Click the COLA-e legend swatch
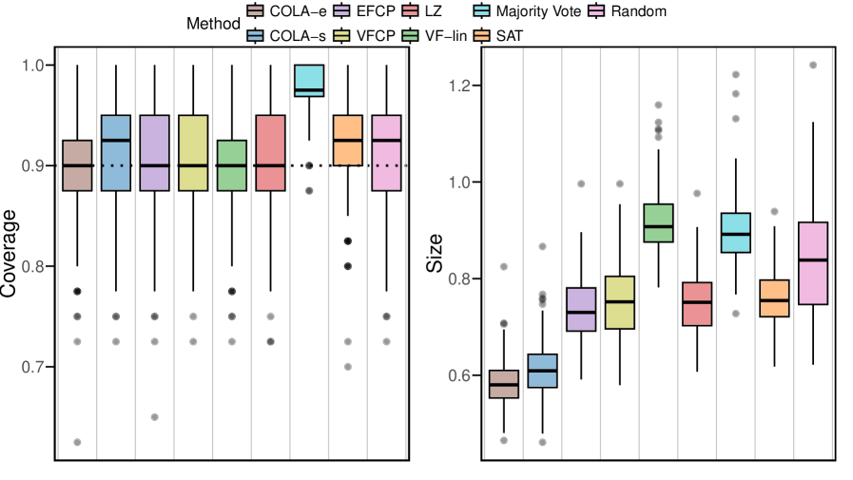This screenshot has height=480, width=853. coord(256,12)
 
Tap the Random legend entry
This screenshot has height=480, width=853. coord(640,12)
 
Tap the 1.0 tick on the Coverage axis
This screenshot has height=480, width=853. coord(32,66)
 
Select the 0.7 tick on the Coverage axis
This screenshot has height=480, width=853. coord(32,367)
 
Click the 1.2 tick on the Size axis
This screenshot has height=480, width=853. coord(459,86)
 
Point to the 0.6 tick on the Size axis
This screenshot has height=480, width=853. coord(459,375)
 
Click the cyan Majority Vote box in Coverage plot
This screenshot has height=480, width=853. coord(309,81)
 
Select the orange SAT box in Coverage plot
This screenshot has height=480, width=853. coord(348,141)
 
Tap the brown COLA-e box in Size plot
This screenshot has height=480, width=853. coord(504,384)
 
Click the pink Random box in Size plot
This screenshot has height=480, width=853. coord(812,263)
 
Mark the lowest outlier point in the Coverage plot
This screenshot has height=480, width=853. coord(77,442)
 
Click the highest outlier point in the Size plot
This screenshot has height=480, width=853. coord(812,65)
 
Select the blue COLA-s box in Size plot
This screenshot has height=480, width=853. coord(543,371)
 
